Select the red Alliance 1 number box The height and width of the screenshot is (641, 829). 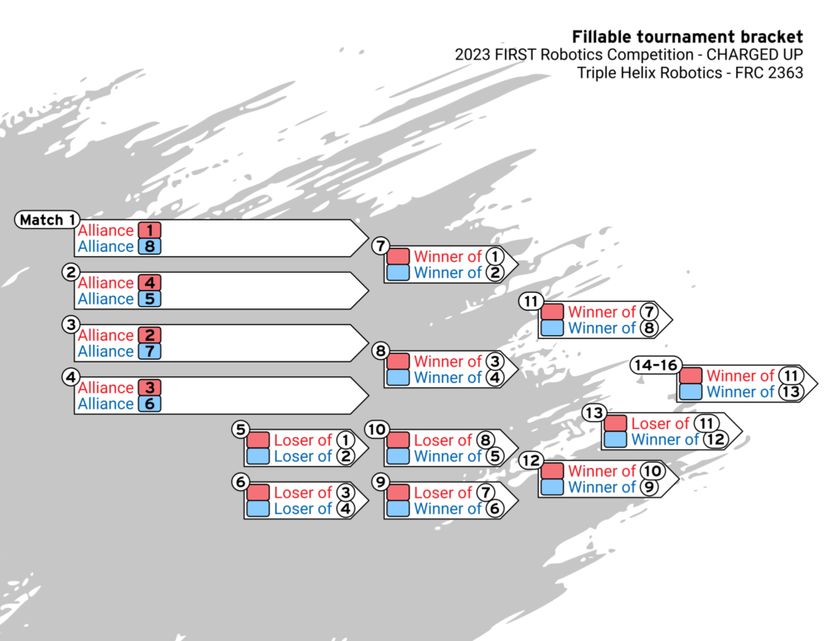coord(149,231)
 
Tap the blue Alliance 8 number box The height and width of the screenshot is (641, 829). coord(149,246)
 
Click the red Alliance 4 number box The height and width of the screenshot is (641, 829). coord(149,283)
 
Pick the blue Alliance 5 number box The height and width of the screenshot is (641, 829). coord(149,299)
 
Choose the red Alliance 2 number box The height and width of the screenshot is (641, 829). coord(149,335)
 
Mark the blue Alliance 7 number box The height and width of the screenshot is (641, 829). coord(149,351)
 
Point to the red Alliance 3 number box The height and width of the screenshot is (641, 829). coord(149,387)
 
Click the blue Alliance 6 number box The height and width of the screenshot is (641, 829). coord(149,403)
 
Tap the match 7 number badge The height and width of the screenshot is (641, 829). coord(381,245)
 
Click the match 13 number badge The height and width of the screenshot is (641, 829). coord(594,413)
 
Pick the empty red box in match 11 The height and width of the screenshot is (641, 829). coord(552,313)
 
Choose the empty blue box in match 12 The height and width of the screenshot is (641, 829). coord(552,488)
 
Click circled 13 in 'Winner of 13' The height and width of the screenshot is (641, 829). coord(791,392)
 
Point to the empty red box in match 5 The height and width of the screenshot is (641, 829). coord(258,440)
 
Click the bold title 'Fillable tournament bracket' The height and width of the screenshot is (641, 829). coord(687,36)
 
